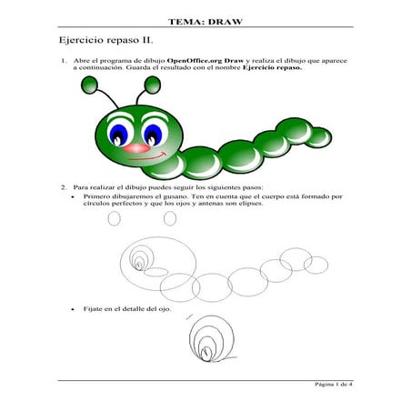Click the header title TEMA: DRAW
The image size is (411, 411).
pos(205,21)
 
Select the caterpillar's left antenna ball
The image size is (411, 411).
pos(90,85)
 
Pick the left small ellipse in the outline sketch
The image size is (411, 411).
pos(114,218)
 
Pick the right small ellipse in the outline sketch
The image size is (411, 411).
pos(170,218)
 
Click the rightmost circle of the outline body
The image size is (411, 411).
pos(316,265)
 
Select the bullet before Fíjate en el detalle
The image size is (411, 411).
pos(73,309)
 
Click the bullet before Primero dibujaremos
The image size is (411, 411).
pos(73,195)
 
